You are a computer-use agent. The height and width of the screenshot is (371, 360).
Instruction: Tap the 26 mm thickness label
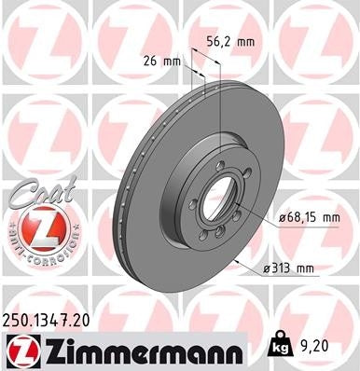(165, 62)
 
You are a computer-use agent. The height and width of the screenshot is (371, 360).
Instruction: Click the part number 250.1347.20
(53, 320)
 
